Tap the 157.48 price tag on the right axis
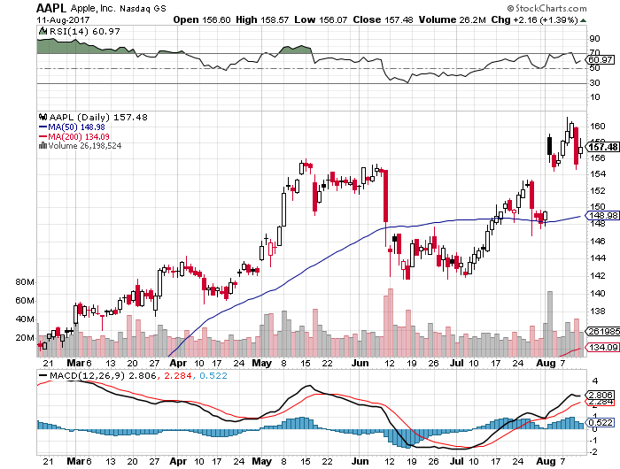[602, 147]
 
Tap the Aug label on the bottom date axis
[546, 362]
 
